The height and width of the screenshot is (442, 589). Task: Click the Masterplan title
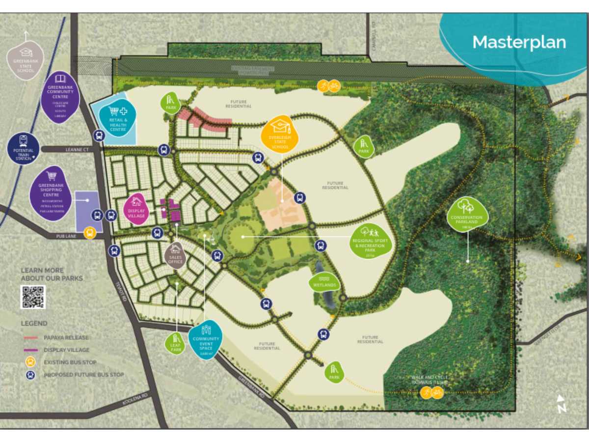(x=519, y=42)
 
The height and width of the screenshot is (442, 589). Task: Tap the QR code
(x=33, y=297)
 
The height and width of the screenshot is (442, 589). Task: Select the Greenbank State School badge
(x=26, y=60)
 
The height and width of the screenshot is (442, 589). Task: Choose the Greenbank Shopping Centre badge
(x=51, y=193)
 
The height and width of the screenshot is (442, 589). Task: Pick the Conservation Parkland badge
(x=467, y=214)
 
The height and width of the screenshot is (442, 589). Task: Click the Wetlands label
(x=324, y=284)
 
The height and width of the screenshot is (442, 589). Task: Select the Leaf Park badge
(x=175, y=343)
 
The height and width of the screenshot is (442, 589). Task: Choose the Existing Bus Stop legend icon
(x=30, y=362)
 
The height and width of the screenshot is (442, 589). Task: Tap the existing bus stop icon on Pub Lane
(x=89, y=233)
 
